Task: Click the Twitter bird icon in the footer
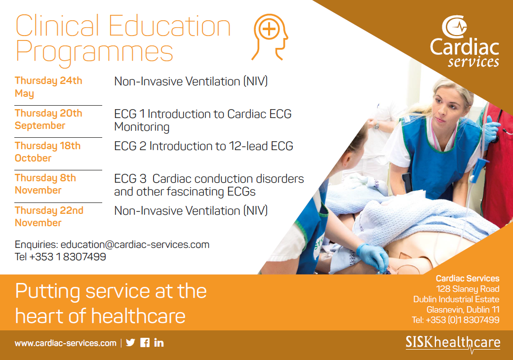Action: point(130,343)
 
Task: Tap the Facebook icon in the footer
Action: point(145,343)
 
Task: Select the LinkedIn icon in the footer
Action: point(159,343)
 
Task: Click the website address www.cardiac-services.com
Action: point(66,343)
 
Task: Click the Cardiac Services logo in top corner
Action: point(464,41)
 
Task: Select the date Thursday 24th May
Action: point(48,87)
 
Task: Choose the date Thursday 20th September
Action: point(48,119)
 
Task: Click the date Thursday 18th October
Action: point(47,152)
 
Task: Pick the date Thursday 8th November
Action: point(45,184)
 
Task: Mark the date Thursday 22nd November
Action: point(49,216)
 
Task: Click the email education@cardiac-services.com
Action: point(135,244)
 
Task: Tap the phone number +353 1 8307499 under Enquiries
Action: point(68,257)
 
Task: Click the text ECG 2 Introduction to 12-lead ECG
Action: point(203,146)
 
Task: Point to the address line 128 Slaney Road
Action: point(468,289)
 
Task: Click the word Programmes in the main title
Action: point(94,52)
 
